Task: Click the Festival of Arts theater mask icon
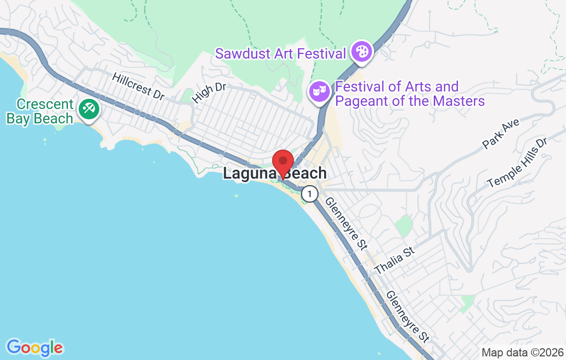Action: [x=319, y=92]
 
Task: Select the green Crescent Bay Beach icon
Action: [x=89, y=109]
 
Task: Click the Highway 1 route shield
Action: [x=309, y=194]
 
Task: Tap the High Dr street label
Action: [x=209, y=92]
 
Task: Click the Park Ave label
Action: [x=502, y=133]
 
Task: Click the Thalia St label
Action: [x=394, y=261]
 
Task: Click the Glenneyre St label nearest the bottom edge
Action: [x=407, y=316]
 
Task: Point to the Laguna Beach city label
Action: [x=274, y=173]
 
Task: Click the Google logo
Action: [x=34, y=348]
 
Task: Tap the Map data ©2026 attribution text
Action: [x=522, y=353]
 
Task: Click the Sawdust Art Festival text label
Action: [x=280, y=53]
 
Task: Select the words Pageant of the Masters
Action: [x=410, y=101]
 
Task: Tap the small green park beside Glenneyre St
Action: [x=405, y=225]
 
